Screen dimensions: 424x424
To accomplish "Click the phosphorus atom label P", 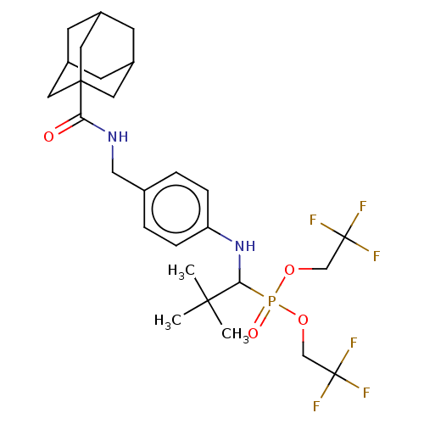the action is click(271, 301).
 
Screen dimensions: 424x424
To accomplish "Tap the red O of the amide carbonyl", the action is click(48, 137).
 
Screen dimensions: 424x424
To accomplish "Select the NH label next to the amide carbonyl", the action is click(118, 137).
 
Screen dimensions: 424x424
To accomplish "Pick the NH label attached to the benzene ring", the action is click(245, 246).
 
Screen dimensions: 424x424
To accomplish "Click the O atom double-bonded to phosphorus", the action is click(253, 333).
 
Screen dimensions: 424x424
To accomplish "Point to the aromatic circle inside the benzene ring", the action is click(176, 209).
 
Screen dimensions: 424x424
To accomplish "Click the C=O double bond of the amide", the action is click(69, 125).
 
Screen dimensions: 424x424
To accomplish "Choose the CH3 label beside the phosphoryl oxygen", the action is click(235, 335).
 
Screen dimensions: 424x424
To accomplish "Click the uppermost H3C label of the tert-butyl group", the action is click(181, 271).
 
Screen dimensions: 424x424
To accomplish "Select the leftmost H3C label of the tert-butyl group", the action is click(168, 321).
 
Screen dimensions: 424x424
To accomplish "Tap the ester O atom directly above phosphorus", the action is click(289, 270).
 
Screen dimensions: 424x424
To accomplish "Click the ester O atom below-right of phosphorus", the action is click(303, 321).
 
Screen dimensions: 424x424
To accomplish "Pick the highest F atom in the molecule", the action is click(363, 206).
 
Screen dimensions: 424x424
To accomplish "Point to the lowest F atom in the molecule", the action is click(316, 406).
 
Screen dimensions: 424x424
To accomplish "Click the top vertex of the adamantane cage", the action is click(101, 12).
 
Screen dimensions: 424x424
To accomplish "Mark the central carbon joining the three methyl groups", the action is click(208, 300).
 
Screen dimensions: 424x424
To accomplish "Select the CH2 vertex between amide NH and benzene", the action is click(113, 172).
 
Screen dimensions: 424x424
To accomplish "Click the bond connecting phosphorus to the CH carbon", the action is click(252, 290).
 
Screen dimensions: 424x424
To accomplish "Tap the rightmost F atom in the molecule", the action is click(377, 256).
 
